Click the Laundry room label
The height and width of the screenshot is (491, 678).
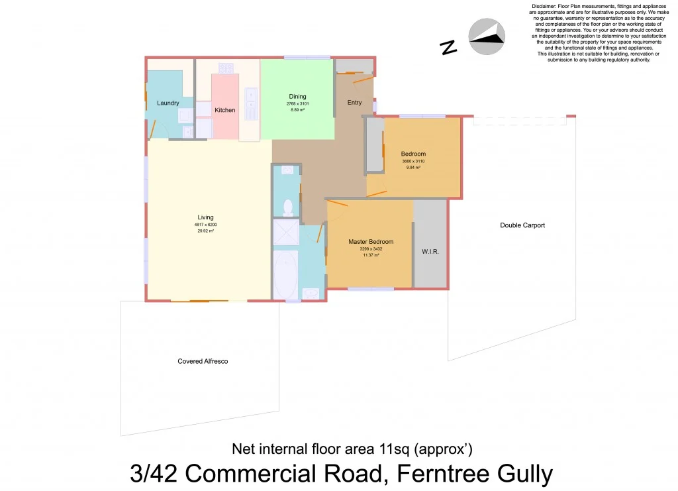point(168,103)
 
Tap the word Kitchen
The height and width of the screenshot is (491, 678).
point(225,110)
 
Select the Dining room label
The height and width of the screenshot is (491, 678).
point(297,97)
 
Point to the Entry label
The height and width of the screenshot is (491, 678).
point(354,103)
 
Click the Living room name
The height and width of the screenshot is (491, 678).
point(206,217)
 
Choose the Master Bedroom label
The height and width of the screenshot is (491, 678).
point(371,242)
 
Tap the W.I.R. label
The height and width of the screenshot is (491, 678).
point(430,252)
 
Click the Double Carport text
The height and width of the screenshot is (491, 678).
point(522,225)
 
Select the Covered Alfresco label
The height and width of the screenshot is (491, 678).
point(203,362)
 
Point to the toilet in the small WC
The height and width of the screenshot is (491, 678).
point(288,207)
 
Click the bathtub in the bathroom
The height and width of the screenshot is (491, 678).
point(285,274)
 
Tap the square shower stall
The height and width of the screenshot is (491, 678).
point(285,232)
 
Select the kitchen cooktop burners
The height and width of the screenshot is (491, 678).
point(226,68)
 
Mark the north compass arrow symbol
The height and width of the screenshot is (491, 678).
point(487,37)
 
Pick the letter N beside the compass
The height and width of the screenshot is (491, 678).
point(449,47)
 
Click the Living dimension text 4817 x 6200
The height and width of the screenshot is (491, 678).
point(206,225)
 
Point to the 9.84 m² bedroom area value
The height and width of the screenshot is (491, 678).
point(412,168)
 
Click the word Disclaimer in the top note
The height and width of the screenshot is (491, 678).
point(546,6)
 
